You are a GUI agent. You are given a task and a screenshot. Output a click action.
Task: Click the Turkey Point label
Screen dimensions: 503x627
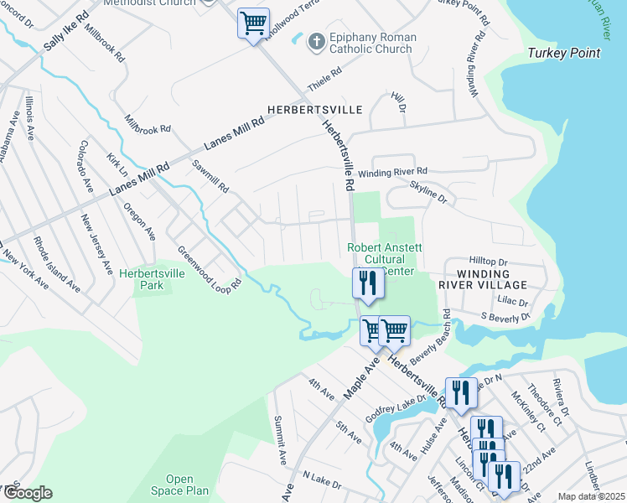563,54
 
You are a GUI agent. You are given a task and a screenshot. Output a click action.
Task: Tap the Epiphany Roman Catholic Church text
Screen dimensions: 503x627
370,43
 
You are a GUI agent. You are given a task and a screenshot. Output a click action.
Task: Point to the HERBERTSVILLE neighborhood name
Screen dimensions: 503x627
314,110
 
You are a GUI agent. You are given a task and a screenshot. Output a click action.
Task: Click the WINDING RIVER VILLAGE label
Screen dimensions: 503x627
472,279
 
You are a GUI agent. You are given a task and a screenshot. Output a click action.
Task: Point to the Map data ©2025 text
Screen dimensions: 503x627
590,496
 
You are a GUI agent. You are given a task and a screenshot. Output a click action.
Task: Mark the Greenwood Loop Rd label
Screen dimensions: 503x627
210,268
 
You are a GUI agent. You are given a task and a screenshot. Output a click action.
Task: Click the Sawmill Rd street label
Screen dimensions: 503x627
210,176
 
